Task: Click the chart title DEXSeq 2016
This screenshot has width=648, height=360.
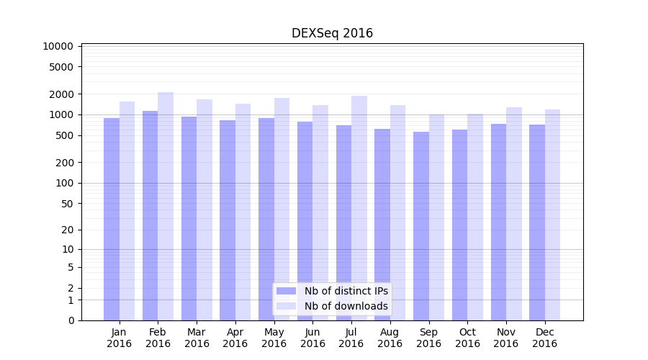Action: (332, 33)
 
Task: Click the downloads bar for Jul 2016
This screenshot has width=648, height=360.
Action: (359, 208)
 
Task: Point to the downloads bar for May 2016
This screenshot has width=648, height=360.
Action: (282, 209)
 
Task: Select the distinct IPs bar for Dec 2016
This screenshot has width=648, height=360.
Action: (537, 222)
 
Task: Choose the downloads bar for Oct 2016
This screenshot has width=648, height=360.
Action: (475, 217)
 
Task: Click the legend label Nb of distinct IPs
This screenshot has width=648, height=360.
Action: (346, 291)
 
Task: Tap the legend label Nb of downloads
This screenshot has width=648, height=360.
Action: (346, 306)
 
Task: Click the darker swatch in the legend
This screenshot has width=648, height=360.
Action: (286, 291)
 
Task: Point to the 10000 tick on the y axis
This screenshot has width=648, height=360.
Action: (58, 46)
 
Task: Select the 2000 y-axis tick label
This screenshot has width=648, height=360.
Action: (61, 94)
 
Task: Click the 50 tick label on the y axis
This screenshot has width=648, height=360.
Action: (67, 204)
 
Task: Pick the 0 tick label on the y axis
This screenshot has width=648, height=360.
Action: (71, 320)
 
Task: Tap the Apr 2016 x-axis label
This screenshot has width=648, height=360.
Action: (235, 338)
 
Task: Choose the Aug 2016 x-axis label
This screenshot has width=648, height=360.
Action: (390, 338)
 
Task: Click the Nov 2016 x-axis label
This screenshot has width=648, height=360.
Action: (506, 338)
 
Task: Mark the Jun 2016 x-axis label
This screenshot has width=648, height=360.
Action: (312, 338)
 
